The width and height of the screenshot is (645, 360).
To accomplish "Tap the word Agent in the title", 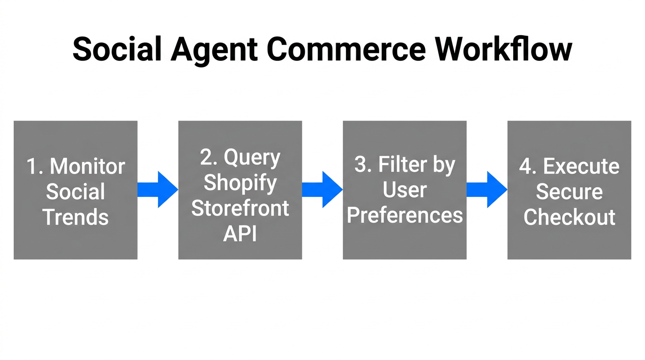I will pos(214,49).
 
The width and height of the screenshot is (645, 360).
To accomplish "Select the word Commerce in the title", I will pos(346,49).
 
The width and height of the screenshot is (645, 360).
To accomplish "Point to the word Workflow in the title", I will pos(503,49).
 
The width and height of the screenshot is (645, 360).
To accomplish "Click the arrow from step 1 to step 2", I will pos(157,190).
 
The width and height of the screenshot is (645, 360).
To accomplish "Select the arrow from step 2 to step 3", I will pos(322,190).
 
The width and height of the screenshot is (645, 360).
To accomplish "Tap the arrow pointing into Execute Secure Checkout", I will pos(487,190).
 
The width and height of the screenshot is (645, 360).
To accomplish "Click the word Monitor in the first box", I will pos(87,166).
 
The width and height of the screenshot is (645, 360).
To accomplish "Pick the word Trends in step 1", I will pos(75,217).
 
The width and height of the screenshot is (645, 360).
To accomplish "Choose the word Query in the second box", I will pos(252,157).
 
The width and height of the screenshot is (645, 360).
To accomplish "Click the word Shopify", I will pos(240,183).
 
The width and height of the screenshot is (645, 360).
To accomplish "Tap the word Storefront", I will pos(240,208).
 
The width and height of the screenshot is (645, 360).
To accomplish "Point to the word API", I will pos(240,233).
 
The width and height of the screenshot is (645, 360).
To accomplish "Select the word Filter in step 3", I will pos(400,165).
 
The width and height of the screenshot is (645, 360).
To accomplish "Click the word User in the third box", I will pos(405,190).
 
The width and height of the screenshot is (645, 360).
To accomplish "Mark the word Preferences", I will pos(405,215).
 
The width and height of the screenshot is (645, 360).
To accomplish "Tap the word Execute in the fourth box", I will pos(581,166).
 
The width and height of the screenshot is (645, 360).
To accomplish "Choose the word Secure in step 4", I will pos(569,192).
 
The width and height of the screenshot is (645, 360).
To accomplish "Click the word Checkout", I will pos(569,217).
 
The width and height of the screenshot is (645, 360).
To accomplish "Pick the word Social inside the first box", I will pos(75,192).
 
